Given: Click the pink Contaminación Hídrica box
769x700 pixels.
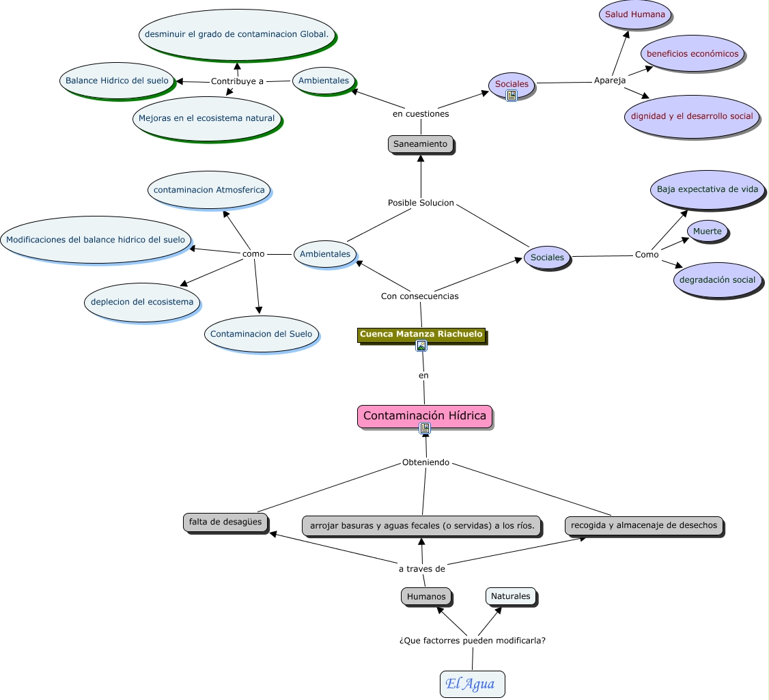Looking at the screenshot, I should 424,415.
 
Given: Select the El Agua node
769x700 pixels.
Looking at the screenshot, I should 472,684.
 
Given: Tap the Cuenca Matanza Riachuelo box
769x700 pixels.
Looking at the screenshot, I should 421,334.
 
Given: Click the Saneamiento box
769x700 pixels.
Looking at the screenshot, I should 420,144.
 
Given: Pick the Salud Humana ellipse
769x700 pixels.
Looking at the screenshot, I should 634,14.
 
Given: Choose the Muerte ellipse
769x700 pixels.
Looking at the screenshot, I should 707,232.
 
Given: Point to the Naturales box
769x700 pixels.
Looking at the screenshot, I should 510,596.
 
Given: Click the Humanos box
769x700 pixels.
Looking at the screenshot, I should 426,596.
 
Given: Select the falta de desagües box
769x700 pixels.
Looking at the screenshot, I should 225,522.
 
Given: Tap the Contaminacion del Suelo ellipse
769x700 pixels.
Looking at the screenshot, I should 261,334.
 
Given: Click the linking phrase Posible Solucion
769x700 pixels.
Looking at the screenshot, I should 421,203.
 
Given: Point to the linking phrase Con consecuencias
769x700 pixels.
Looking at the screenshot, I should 419,296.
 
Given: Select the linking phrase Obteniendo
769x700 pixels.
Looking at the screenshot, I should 425,462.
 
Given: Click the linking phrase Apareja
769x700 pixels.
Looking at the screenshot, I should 610,81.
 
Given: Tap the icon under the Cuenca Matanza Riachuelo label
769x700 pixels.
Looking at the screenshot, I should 421,346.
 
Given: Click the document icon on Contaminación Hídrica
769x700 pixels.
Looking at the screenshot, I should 425,428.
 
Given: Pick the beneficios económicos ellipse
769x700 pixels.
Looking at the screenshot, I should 692,53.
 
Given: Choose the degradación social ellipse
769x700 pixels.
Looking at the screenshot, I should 717,280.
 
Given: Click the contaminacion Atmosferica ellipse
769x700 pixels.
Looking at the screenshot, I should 209,190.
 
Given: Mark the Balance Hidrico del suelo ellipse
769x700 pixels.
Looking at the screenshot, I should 117,81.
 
